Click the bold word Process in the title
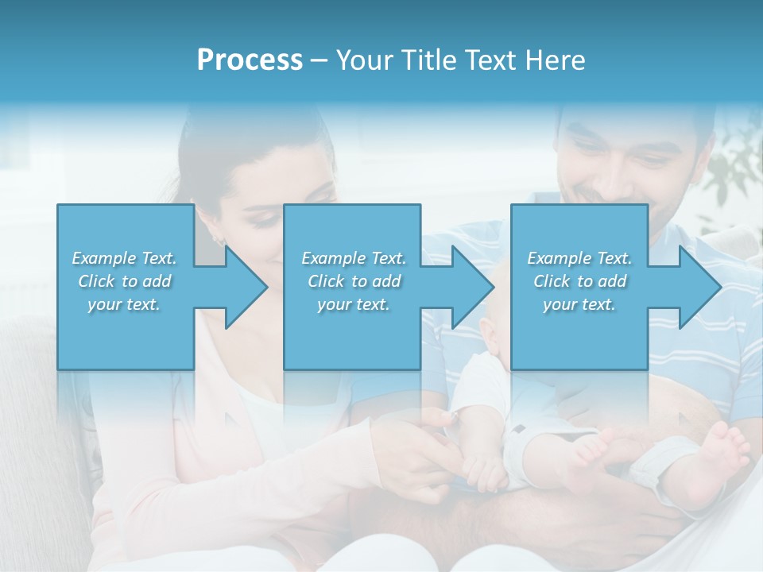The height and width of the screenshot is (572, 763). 250,60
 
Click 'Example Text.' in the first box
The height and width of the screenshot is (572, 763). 124,258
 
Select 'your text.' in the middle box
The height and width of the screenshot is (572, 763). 353,304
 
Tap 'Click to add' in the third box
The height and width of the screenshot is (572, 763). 579,281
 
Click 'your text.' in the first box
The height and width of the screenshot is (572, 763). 124,304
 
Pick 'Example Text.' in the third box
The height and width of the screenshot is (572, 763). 579,258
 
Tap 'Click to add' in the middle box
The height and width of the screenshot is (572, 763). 353,281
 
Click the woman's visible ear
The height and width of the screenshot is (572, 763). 218,233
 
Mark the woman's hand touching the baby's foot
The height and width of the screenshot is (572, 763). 433,445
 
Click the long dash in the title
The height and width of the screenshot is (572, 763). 320,60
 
